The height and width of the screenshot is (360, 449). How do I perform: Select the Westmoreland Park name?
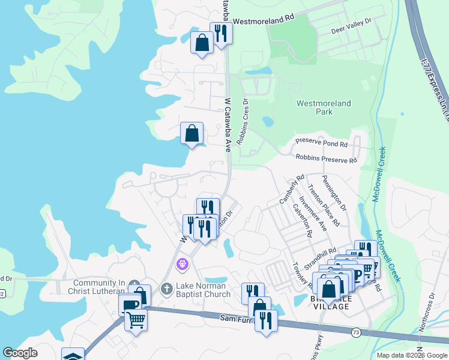pos(324,107)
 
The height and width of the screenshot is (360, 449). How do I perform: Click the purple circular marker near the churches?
pos(182,263)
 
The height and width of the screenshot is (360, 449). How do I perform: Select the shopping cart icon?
pos(136,322)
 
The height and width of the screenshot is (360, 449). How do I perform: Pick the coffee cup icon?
pos(130,305)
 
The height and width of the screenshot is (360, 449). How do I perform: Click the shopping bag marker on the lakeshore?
pos(191,133)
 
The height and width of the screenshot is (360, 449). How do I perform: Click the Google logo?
pos(20,353)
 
